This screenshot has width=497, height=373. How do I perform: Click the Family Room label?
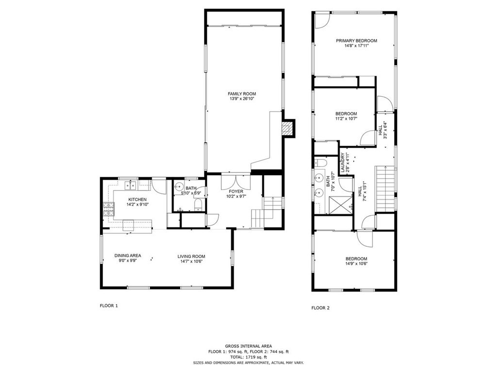click(242, 94)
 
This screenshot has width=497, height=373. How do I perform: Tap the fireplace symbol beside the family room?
click(288, 128)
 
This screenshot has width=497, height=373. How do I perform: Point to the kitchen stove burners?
click(108, 210)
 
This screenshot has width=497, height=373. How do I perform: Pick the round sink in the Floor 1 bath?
click(178, 187)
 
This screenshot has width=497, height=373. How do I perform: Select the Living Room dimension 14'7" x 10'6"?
click(191, 262)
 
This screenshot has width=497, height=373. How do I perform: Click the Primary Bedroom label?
click(356, 41)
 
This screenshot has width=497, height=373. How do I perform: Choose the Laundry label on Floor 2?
click(343, 162)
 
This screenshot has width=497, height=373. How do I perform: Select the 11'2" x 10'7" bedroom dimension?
click(346, 119)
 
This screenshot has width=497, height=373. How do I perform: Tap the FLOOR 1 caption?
click(108, 306)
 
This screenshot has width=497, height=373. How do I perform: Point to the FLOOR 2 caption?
click(320, 307)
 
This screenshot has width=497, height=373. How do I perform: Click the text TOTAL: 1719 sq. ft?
click(248, 357)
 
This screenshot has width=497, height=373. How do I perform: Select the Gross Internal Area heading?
click(248, 345)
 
